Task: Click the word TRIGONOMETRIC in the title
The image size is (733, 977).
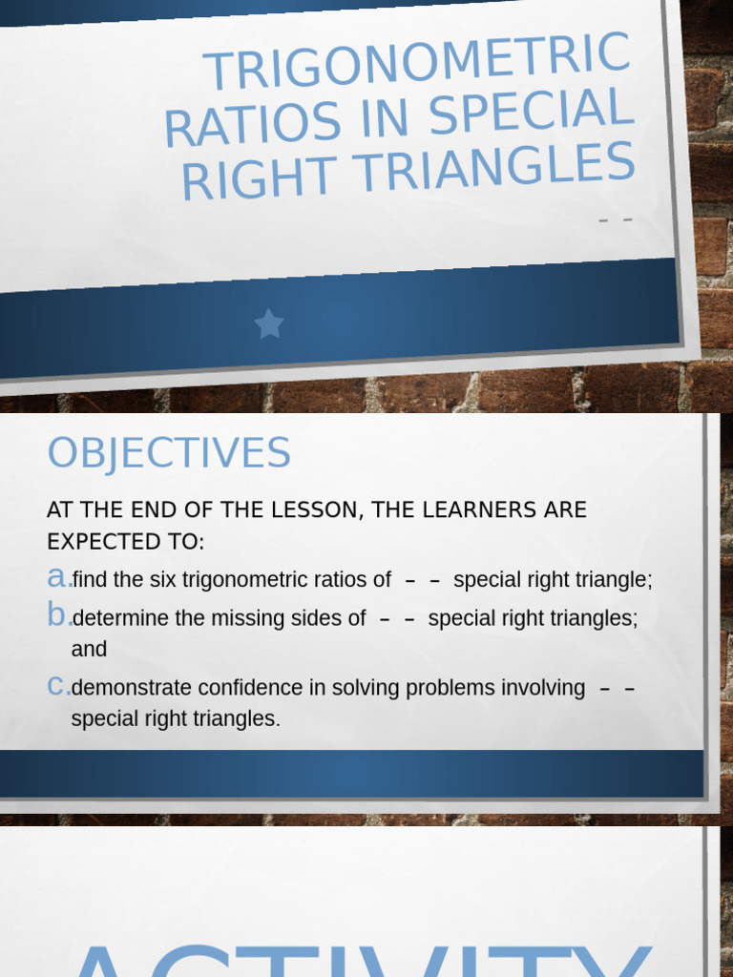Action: pos(417,63)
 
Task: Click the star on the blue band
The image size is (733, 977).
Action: pos(269,324)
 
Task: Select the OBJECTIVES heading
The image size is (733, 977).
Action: pos(169,453)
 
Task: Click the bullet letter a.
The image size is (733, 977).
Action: pos(57,578)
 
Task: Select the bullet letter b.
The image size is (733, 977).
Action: pos(57,616)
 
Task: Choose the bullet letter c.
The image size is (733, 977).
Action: pos(57,686)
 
